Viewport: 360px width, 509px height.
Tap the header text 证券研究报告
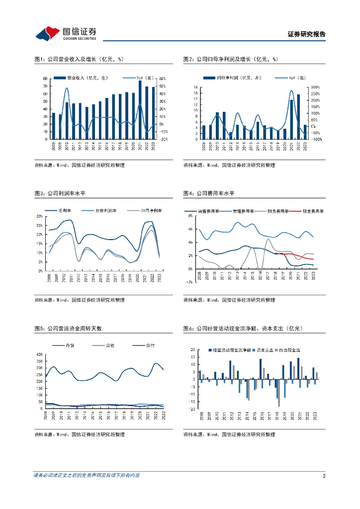(307, 34)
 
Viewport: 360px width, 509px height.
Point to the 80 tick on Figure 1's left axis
(45, 79)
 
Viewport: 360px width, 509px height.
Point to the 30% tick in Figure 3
(39, 216)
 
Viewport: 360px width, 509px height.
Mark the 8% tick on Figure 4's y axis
(189, 216)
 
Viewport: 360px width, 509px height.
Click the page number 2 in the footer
(324, 476)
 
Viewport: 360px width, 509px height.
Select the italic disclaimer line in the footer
(87, 476)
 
